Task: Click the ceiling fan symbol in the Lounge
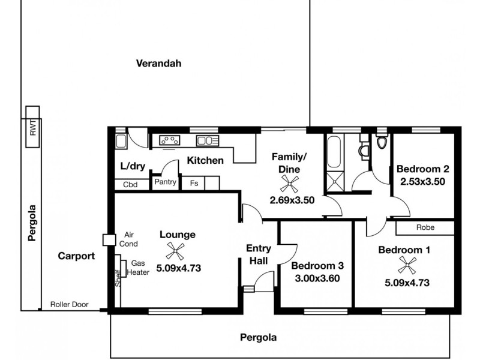point(174,251)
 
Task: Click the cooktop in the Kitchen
point(170,140)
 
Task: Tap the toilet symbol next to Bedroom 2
point(382,143)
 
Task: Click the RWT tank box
point(32,127)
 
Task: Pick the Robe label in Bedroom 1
point(425,228)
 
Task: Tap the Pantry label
point(165,182)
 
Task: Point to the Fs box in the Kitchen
point(194,184)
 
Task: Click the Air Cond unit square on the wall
point(109,240)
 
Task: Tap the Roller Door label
point(69,305)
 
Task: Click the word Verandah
point(158,63)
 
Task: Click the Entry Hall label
point(259,254)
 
